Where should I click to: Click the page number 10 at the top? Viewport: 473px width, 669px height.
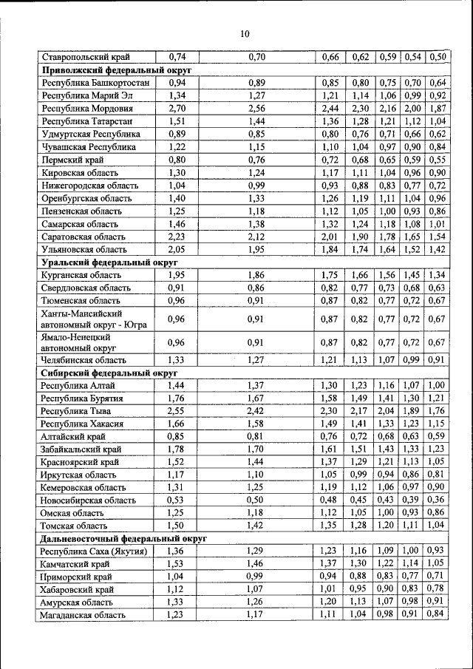click(245, 33)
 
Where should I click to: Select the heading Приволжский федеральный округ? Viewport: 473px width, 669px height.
click(116, 69)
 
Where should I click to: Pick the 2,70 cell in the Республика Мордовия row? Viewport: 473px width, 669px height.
click(177, 108)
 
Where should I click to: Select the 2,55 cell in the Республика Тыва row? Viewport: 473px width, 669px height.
click(177, 411)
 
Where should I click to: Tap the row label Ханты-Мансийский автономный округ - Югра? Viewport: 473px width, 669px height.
click(94, 319)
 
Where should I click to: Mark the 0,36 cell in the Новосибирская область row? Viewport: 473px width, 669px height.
click(437, 500)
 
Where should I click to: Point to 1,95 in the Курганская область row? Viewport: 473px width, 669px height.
click(177, 275)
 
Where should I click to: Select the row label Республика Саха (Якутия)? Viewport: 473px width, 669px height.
click(94, 551)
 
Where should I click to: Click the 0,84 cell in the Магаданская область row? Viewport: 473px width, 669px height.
click(437, 614)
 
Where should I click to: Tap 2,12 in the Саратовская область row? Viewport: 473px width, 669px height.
click(256, 237)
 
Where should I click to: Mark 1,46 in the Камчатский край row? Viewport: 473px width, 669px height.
click(256, 564)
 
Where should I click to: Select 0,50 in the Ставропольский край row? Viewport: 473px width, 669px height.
click(437, 56)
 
